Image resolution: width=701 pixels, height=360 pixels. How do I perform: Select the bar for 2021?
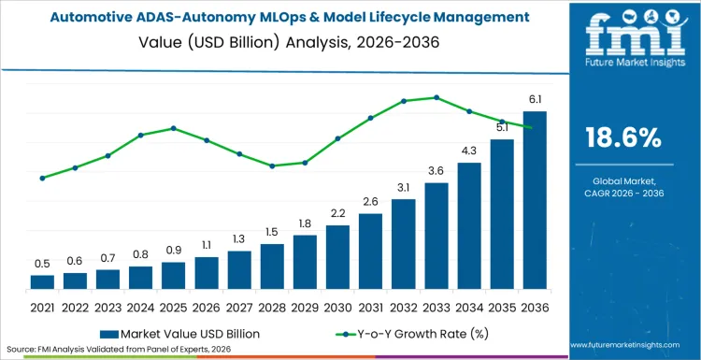click(42, 281)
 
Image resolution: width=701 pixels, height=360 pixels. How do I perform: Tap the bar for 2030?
click(337, 256)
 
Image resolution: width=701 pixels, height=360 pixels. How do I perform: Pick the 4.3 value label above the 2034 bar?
click(469, 151)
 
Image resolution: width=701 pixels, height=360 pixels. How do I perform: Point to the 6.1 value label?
click(534, 99)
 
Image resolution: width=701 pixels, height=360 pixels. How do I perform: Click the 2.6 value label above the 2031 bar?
click(370, 201)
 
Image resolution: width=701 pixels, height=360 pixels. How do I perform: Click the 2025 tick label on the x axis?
click(173, 307)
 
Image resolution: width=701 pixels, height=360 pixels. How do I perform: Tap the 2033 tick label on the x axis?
click(436, 307)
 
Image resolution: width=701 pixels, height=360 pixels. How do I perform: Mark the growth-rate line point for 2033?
click(436, 97)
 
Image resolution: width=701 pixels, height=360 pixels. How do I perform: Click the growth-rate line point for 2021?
click(42, 178)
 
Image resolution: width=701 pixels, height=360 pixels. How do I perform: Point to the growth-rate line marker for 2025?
click(173, 128)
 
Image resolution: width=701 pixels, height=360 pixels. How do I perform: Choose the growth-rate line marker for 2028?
click(272, 166)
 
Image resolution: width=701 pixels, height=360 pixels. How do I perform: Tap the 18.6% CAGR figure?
click(622, 138)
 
